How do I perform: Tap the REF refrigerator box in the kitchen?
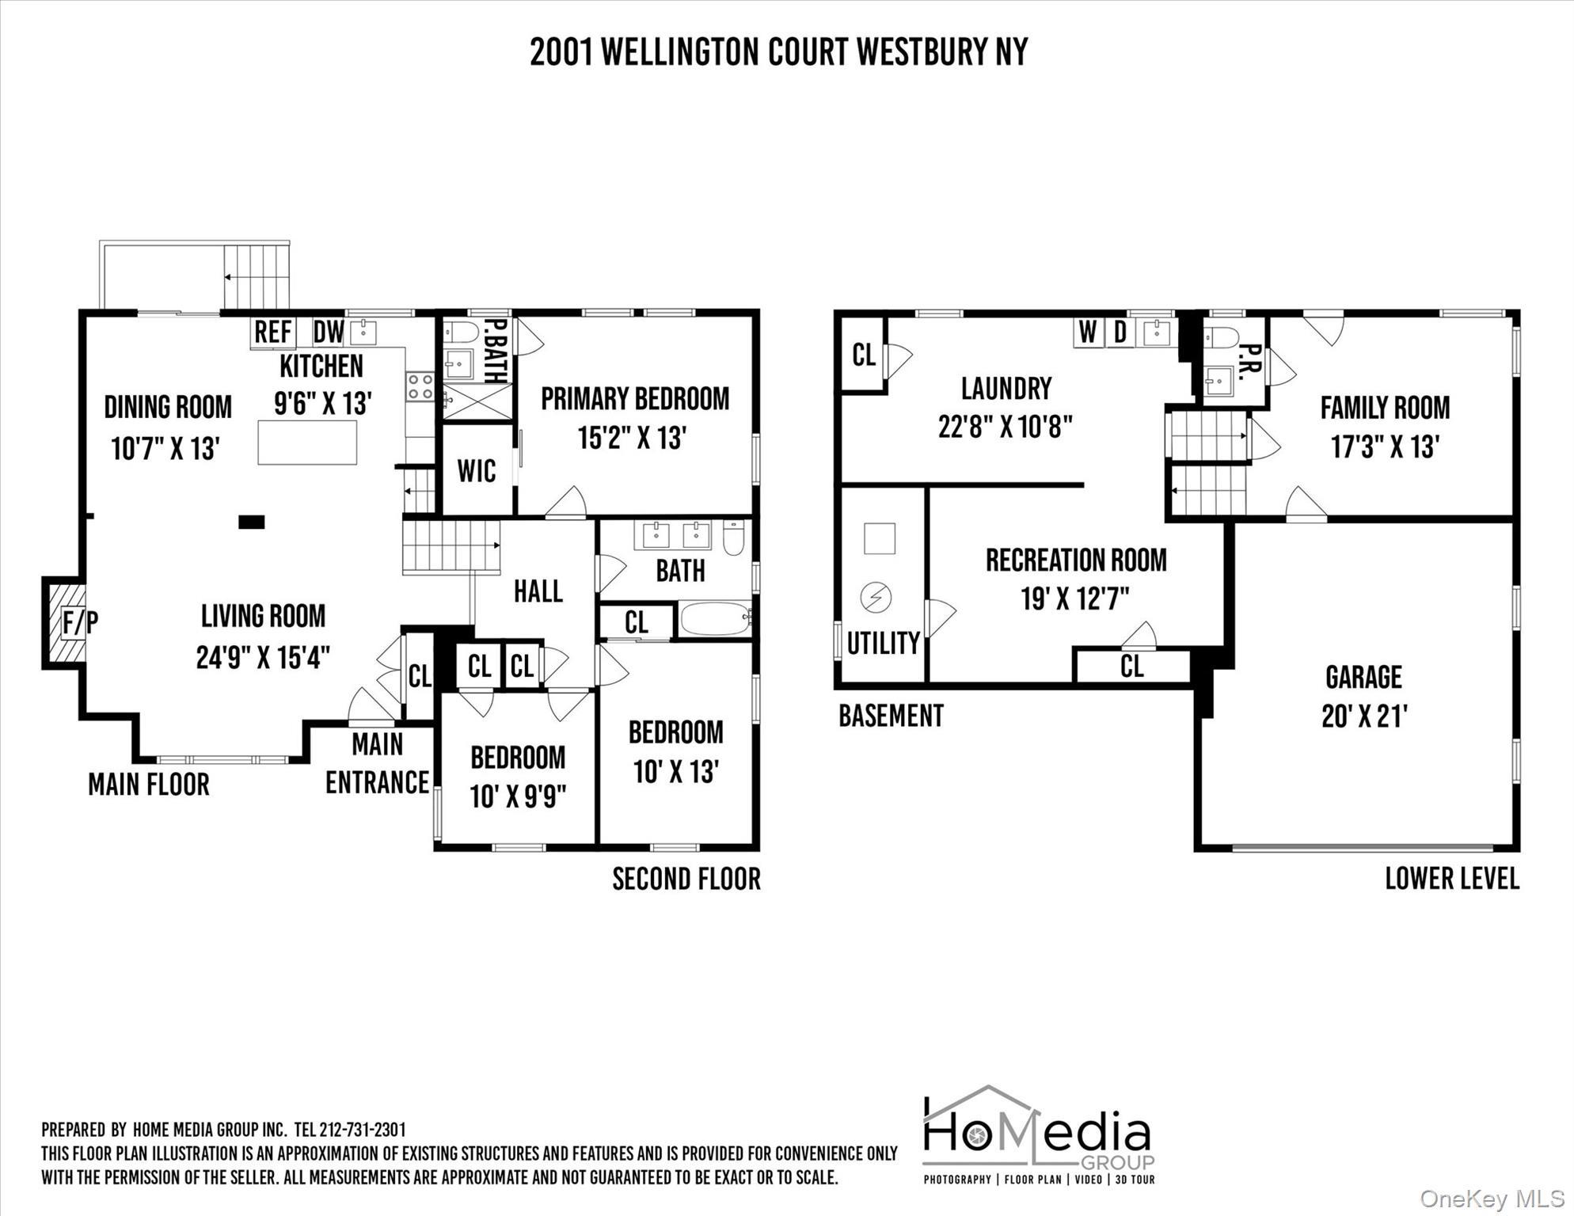coord(273,332)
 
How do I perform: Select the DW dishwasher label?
coord(328,332)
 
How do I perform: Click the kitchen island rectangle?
coord(307,443)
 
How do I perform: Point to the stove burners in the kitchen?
coord(420,386)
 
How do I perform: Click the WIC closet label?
coord(476,471)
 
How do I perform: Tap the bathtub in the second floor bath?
coord(714,618)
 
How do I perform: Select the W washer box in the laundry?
coord(1089,332)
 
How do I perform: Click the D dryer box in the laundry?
coord(1120,332)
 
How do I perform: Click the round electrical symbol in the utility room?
coord(876,598)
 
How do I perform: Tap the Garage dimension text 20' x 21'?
coord(1363,716)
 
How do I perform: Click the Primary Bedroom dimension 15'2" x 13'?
coord(631,438)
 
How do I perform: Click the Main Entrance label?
coord(377,763)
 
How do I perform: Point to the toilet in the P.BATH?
coord(459,332)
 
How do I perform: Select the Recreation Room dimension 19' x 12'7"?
coord(1074,599)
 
